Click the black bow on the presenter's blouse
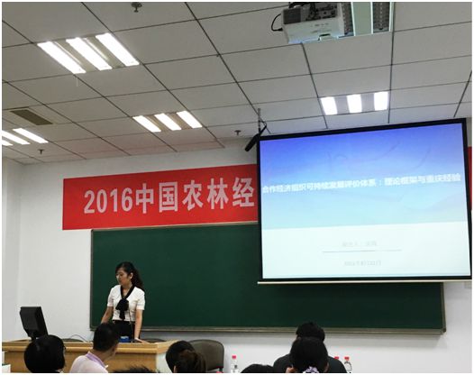[123, 303]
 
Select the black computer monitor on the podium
[33, 322]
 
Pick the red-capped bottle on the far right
[347, 364]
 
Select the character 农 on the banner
[193, 198]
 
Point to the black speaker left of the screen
[257, 137]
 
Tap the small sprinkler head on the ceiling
[136, 7]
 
